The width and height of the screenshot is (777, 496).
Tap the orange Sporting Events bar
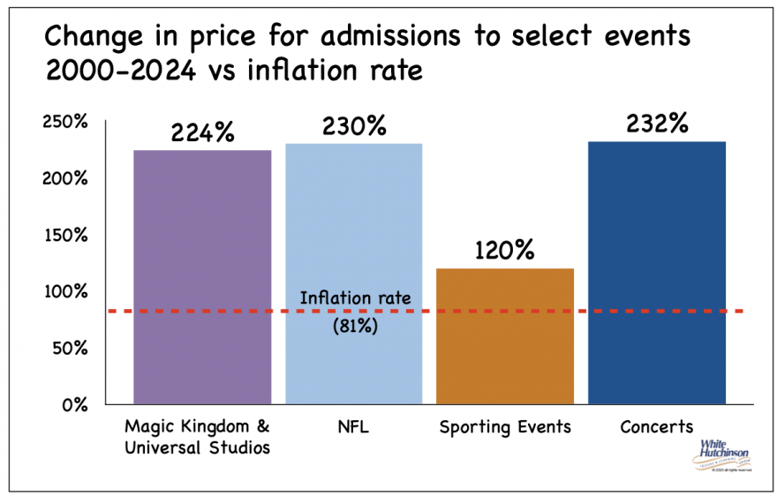506,336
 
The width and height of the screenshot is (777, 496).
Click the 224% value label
202,132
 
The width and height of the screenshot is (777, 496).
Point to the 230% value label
354,125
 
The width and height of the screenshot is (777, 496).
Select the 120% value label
506,250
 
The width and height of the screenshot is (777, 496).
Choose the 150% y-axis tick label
65,235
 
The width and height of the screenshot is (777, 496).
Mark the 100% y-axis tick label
65,291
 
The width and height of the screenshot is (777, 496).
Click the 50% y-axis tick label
70,348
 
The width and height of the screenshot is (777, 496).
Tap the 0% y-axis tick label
74,405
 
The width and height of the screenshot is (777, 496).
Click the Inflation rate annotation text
355,297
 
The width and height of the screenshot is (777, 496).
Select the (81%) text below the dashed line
355,326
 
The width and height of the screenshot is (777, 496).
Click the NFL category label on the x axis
354,427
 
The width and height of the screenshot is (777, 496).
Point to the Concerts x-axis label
657,427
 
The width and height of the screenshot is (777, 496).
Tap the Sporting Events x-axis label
505,427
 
